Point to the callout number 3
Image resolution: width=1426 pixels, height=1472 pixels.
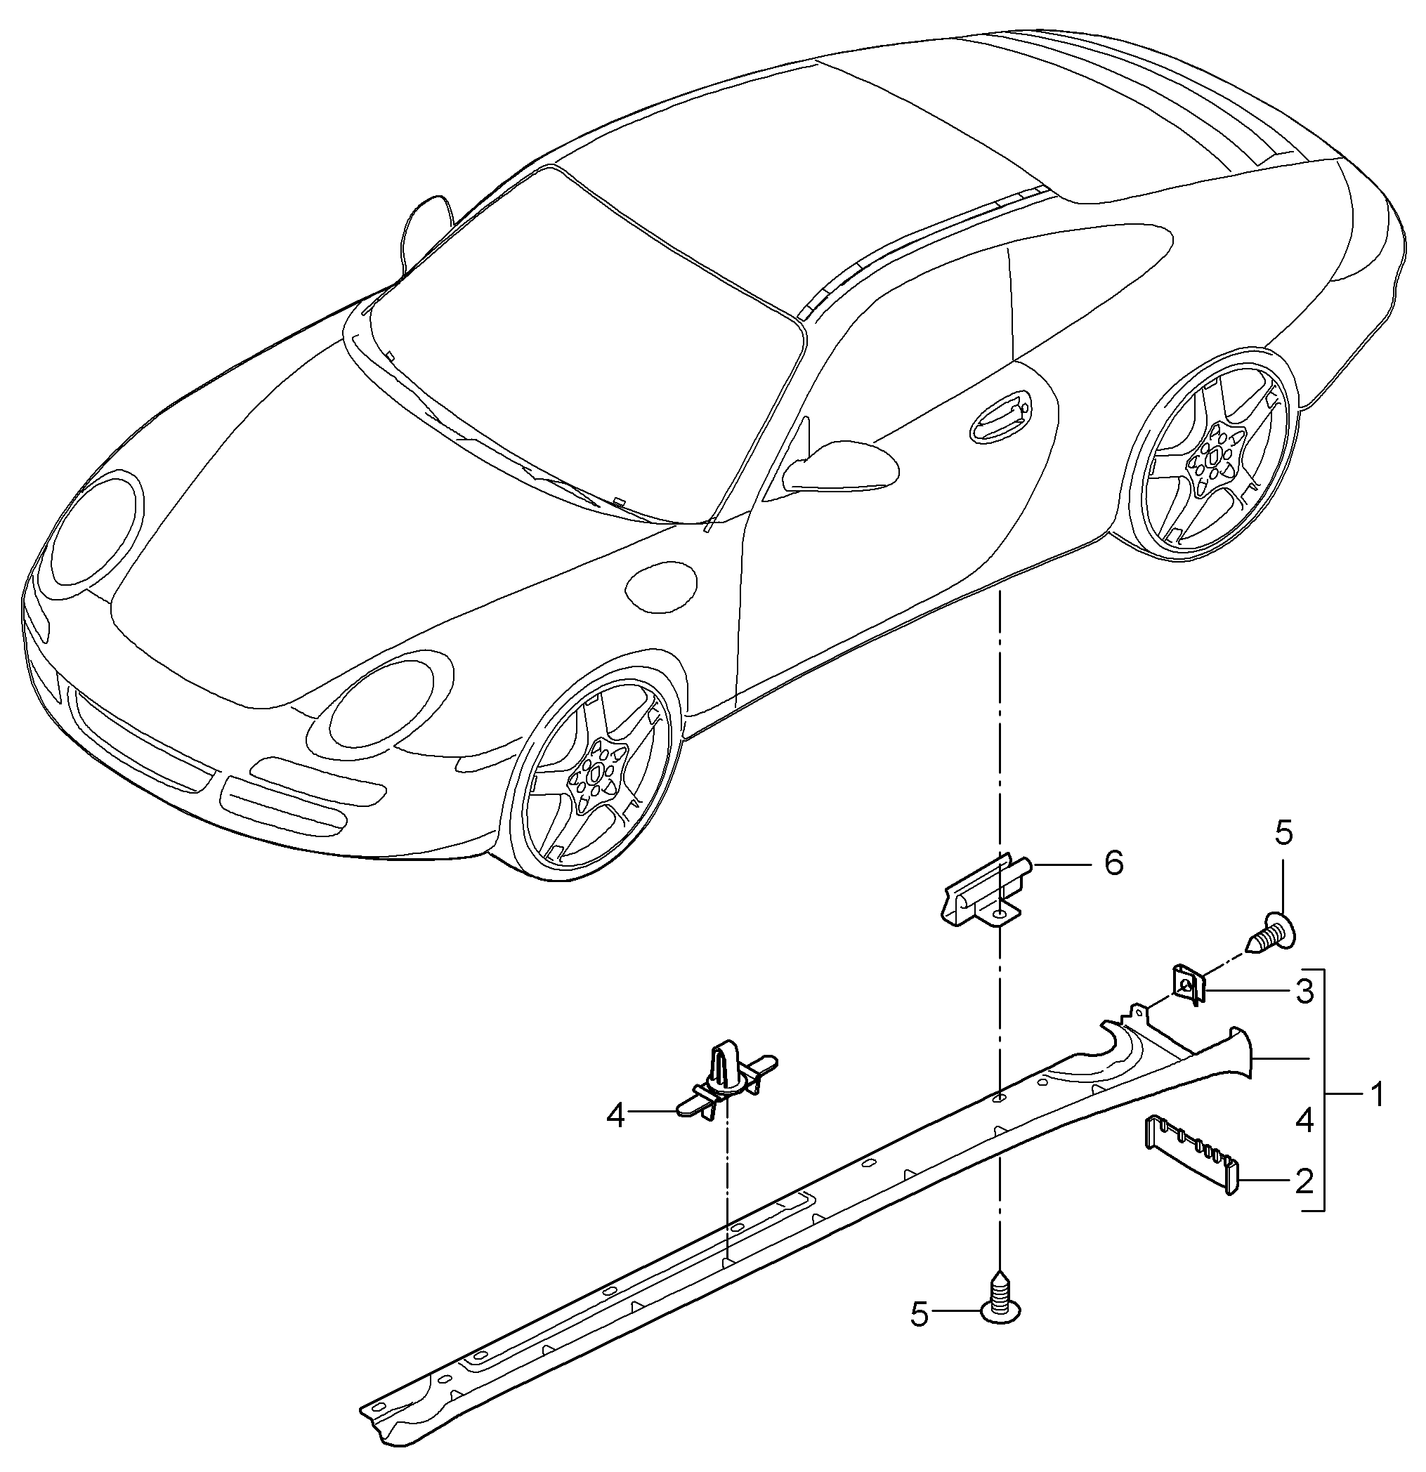pos(1305,992)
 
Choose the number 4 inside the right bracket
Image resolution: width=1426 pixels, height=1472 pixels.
pos(1304,1121)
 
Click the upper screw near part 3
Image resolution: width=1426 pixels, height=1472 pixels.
pos(1273,931)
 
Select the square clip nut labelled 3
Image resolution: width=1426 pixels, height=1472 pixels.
pos(1188,985)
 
